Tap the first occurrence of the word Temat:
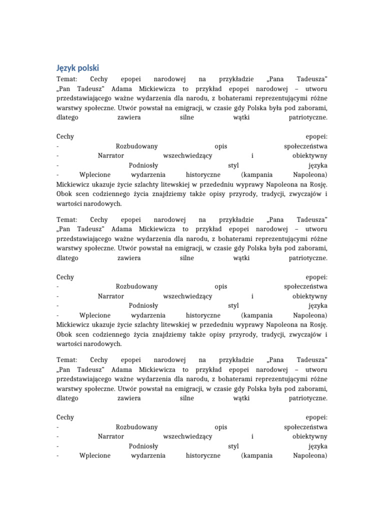click(67, 79)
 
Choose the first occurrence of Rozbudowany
click(136, 146)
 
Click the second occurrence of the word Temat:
click(67, 219)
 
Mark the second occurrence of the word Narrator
click(111, 296)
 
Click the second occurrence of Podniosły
click(143, 305)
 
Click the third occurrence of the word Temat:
click(67, 359)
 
